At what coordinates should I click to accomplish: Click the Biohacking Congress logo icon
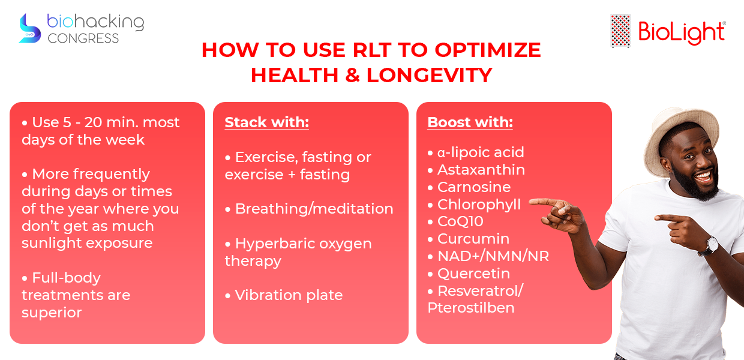(30, 29)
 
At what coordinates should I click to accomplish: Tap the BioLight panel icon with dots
(620, 31)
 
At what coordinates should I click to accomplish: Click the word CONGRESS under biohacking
(83, 38)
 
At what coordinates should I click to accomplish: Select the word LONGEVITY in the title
(429, 75)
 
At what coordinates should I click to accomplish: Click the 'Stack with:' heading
(267, 122)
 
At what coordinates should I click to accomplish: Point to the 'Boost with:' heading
(470, 122)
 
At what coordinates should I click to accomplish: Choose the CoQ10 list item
(460, 221)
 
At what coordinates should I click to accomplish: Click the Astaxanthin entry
(481, 170)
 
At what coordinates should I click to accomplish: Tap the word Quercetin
(473, 274)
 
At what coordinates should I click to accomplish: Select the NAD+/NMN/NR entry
(493, 256)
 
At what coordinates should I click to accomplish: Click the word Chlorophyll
(479, 205)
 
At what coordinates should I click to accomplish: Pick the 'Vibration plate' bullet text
(289, 295)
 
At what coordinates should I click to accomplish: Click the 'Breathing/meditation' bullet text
(314, 209)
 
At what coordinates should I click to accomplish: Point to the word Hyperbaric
(275, 244)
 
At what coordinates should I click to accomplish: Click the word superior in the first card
(52, 313)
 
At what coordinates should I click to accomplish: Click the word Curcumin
(473, 239)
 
